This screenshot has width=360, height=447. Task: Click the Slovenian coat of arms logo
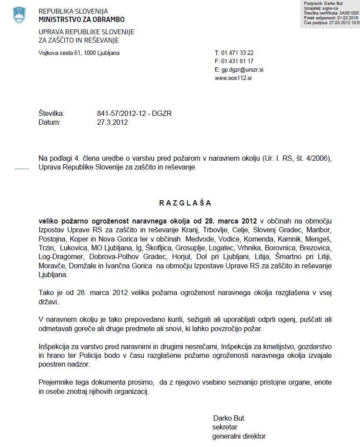(19, 15)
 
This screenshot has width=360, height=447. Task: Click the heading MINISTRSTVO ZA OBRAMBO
(81, 19)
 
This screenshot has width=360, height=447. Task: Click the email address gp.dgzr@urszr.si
(242, 70)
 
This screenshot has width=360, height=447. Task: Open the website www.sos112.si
(233, 78)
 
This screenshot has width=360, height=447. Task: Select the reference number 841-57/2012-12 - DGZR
(134, 114)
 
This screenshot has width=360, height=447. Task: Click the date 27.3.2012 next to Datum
(113, 123)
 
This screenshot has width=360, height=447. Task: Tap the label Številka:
(51, 114)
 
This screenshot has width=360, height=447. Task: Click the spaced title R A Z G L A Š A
(185, 203)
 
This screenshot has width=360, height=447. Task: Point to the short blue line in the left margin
(22, 169)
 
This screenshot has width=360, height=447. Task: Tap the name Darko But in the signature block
(228, 418)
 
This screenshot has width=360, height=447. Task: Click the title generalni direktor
(239, 436)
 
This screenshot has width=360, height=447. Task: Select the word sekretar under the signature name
(225, 427)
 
